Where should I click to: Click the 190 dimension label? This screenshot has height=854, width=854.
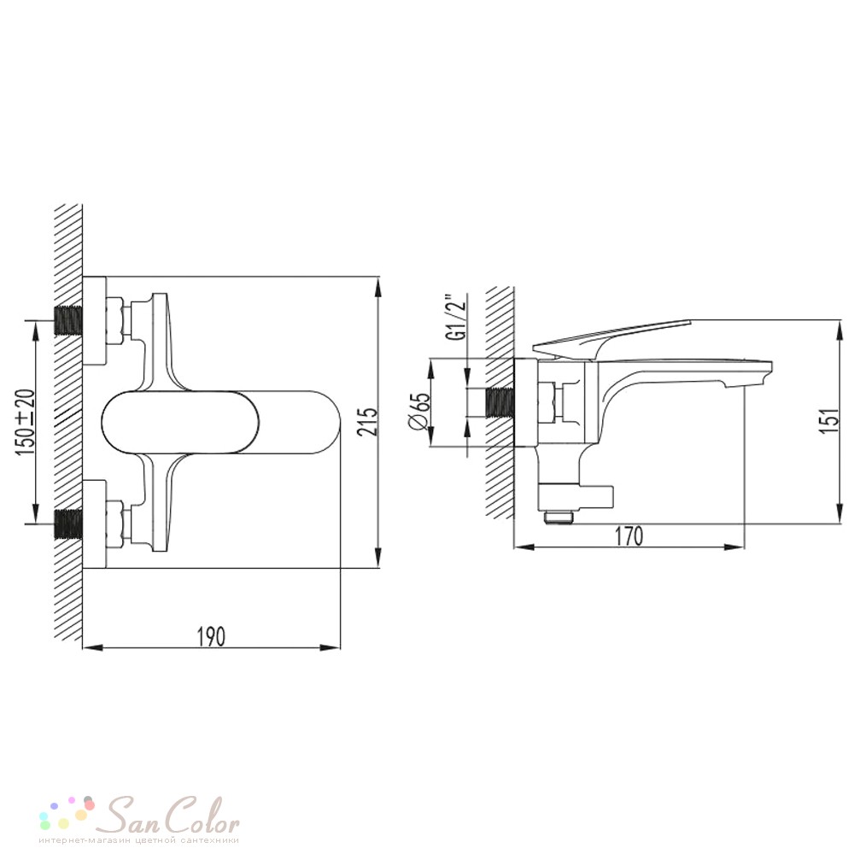click(x=211, y=636)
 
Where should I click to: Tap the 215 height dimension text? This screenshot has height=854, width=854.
click(x=369, y=422)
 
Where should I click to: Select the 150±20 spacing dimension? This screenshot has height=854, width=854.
click(x=26, y=422)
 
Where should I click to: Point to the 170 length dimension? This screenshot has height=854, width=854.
click(x=629, y=536)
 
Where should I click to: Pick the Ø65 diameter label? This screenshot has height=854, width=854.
click(x=419, y=412)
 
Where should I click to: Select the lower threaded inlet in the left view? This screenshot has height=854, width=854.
click(x=68, y=524)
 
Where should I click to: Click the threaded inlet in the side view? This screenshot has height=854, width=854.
click(x=500, y=403)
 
